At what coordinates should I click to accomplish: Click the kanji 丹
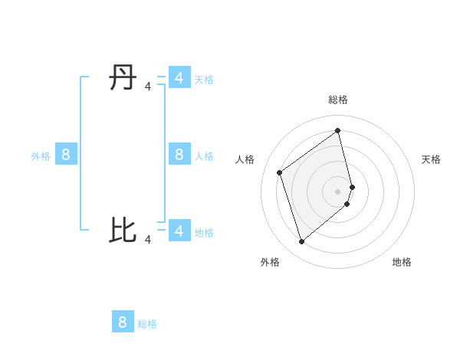coord(123,78)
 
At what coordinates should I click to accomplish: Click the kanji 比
coord(123,230)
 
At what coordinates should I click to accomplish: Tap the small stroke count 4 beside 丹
coord(148,87)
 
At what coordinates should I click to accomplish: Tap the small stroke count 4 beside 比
coord(148,240)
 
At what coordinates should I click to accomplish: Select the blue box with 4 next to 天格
coord(179,78)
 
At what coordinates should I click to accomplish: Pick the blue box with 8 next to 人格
coord(179,155)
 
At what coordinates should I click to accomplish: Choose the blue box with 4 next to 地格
coord(179,231)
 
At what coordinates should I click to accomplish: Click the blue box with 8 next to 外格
coord(66,155)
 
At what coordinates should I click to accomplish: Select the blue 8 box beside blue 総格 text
coord(123,322)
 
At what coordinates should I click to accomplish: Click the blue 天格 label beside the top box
coord(204,80)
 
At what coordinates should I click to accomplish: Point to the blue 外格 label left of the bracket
coord(41,156)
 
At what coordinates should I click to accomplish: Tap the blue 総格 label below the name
coord(147,324)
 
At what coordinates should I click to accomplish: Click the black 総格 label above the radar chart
coord(338,100)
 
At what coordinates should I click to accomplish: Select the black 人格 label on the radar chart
coord(245,159)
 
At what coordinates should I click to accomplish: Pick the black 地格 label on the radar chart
coord(402,262)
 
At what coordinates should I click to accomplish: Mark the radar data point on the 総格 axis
coord(338,129)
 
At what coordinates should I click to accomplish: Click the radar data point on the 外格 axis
coord(301,241)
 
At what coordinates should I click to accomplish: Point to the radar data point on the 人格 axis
coord(280,172)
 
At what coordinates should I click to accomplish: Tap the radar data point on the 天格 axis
coord(352,186)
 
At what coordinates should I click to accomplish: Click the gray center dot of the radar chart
coord(338,191)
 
